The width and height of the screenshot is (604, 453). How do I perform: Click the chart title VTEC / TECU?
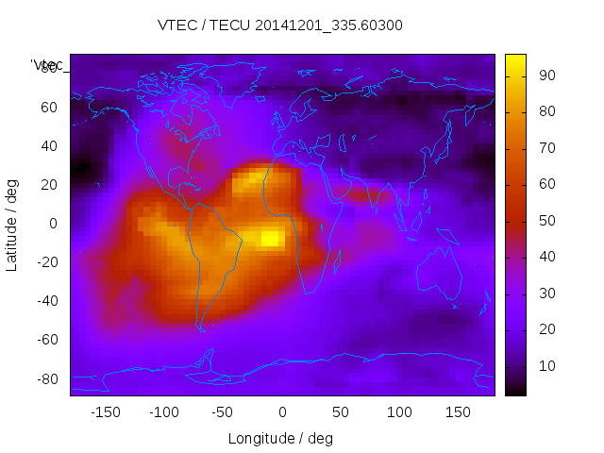pyautogui.click(x=279, y=25)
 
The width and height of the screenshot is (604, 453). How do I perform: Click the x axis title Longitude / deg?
pyautogui.click(x=280, y=438)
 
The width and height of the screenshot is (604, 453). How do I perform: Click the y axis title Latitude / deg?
pyautogui.click(x=12, y=225)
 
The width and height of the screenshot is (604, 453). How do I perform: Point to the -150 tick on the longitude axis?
pyautogui.click(x=105, y=412)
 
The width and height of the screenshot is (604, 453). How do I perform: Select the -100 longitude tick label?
pyautogui.click(x=163, y=412)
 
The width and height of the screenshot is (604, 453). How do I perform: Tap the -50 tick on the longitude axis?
pyautogui.click(x=223, y=412)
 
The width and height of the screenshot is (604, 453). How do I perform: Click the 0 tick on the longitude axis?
pyautogui.click(x=282, y=412)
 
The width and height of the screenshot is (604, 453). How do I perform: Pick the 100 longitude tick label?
pyautogui.click(x=399, y=412)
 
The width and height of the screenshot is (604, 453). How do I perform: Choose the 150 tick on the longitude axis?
pyautogui.click(x=459, y=412)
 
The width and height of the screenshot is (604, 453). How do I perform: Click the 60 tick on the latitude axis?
pyautogui.click(x=49, y=108)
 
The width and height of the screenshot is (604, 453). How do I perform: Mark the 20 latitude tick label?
pyautogui.click(x=49, y=185)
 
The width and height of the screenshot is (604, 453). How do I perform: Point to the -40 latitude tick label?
pyautogui.click(x=46, y=301)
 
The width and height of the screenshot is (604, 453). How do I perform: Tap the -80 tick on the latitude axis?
pyautogui.click(x=46, y=378)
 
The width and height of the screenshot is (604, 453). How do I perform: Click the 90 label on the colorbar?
pyautogui.click(x=546, y=75)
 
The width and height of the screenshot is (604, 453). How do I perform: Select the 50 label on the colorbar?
pyautogui.click(x=546, y=221)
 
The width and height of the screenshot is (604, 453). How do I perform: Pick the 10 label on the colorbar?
pyautogui.click(x=546, y=366)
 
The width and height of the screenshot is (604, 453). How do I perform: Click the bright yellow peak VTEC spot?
pyautogui.click(x=270, y=238)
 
